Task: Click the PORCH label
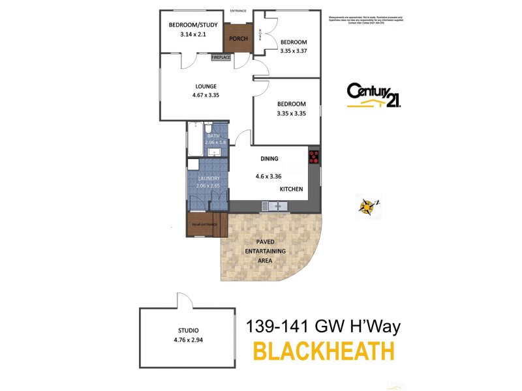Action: pyautogui.click(x=238, y=37)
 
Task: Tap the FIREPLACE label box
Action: pyautogui.click(x=221, y=57)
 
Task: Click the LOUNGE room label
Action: pyautogui.click(x=206, y=86)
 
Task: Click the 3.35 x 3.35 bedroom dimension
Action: pyautogui.click(x=291, y=113)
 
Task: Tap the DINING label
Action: pyautogui.click(x=269, y=158)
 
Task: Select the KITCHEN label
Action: pyautogui.click(x=292, y=188)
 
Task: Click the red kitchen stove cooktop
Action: pyautogui.click(x=314, y=156)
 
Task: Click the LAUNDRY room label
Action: pyautogui.click(x=208, y=178)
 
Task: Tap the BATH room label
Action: pyautogui.click(x=214, y=136)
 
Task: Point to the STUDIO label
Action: pyautogui.click(x=187, y=330)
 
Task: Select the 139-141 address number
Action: pyautogui.click(x=273, y=325)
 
